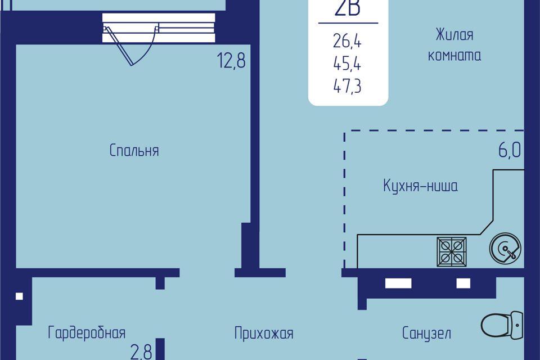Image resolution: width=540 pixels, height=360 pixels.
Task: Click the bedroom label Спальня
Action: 134,151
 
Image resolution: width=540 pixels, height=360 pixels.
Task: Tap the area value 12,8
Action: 231,60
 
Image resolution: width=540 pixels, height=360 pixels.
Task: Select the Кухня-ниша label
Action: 421,186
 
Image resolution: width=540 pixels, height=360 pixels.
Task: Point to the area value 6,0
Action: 510,150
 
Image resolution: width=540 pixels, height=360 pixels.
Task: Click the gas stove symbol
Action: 452,252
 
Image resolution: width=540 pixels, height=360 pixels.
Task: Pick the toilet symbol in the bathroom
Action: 502,325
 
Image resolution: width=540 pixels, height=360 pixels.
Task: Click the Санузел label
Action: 426,333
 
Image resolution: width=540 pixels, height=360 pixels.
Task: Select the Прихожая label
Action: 264,334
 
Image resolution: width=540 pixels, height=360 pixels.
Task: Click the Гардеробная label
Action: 87,333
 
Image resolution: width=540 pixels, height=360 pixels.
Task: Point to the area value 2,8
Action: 141,352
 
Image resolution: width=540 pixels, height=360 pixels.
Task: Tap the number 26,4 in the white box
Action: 347,41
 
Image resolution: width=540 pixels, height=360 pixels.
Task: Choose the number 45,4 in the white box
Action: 347,64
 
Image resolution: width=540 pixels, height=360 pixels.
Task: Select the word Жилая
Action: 454,35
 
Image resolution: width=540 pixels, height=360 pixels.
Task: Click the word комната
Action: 454,56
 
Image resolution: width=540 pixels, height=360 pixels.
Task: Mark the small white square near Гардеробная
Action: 19,296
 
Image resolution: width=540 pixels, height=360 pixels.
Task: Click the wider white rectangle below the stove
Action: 398,283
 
